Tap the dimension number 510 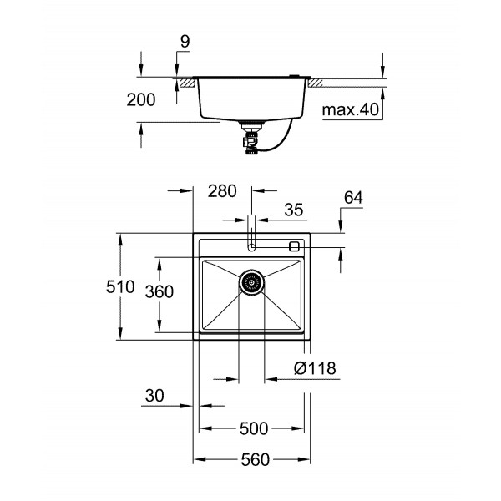pyautogui.click(x=119, y=287)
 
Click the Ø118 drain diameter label pyautogui.click(x=315, y=367)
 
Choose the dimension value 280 pyautogui.click(x=222, y=190)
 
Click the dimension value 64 pyautogui.click(x=353, y=198)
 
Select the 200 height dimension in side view pyautogui.click(x=141, y=100)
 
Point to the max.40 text pyautogui.click(x=351, y=109)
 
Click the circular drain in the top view pyautogui.click(x=251, y=282)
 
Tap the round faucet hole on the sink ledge pyautogui.click(x=251, y=246)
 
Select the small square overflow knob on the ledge pyautogui.click(x=294, y=246)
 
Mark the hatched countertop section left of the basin pyautogui.click(x=185, y=83)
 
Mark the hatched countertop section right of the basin pyautogui.click(x=319, y=83)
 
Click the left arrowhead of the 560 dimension pyautogui.click(x=198, y=459)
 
